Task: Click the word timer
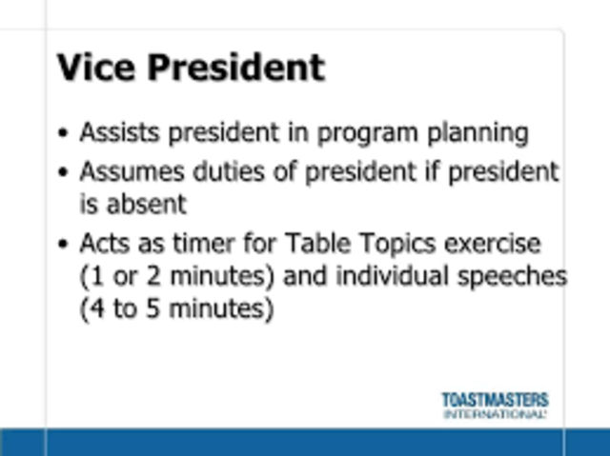207,244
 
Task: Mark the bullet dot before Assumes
64,174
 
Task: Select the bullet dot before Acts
64,246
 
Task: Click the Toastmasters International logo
495,405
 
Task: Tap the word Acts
106,244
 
